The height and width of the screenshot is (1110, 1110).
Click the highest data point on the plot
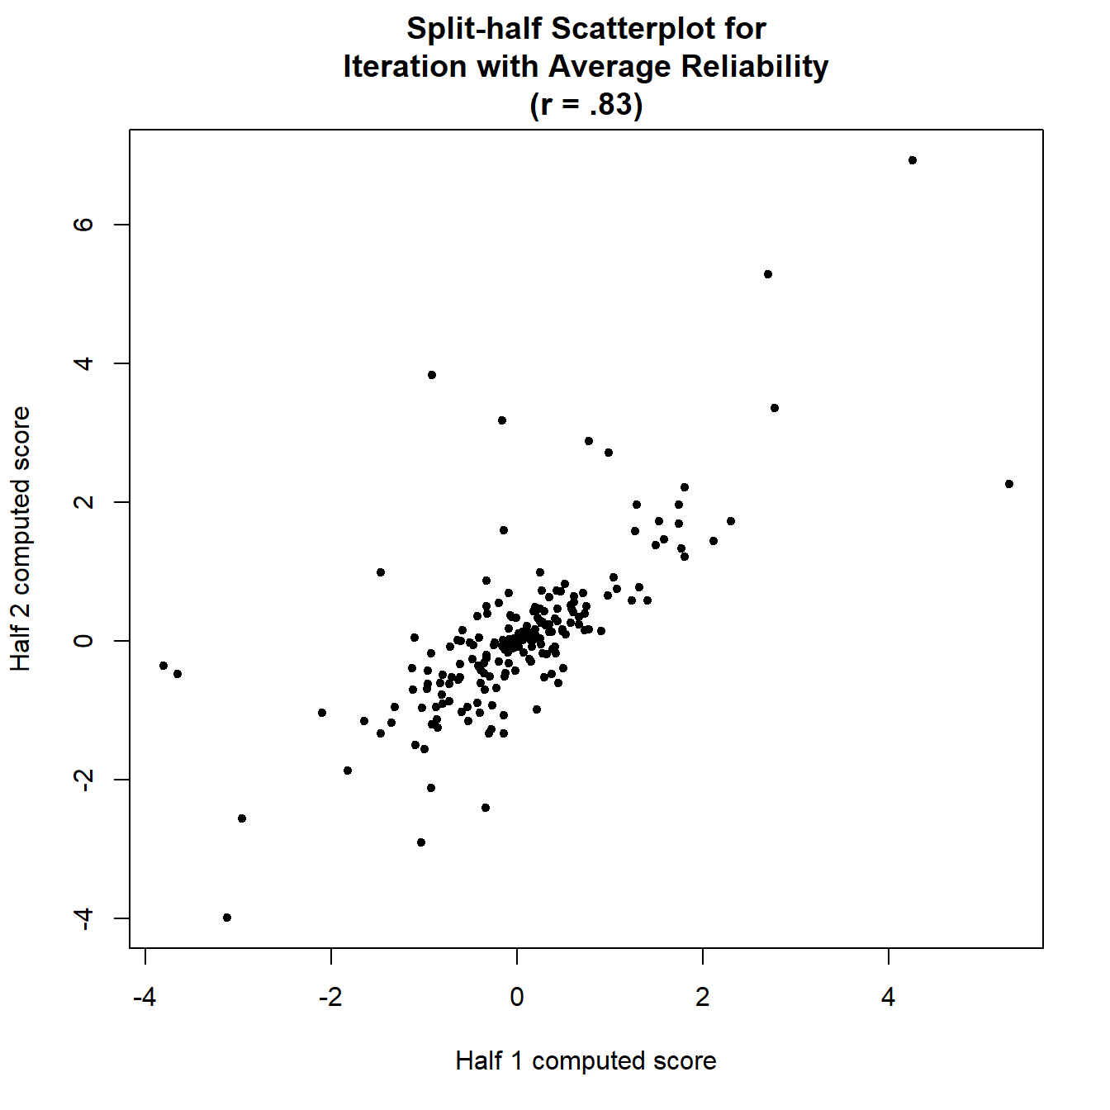(912, 160)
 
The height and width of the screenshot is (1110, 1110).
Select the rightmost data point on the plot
(1008, 484)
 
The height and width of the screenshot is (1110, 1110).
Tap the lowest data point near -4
(227, 918)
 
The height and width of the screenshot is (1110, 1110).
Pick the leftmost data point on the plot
(164, 666)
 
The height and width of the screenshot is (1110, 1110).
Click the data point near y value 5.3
(767, 274)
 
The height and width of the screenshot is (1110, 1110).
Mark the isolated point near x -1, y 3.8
(431, 375)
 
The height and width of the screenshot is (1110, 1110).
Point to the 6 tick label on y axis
(83, 225)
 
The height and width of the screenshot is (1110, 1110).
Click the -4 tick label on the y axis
(83, 918)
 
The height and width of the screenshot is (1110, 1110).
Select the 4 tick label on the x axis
(888, 998)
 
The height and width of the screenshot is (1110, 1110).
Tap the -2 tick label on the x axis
(330, 998)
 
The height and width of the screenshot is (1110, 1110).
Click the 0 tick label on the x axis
(517, 998)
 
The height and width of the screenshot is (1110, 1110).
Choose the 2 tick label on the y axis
(83, 502)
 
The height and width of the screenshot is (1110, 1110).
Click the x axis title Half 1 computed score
(586, 1060)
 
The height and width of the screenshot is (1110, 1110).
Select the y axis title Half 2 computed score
(20, 538)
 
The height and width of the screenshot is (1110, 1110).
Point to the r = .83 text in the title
(586, 105)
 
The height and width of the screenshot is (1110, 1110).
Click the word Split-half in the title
(474, 29)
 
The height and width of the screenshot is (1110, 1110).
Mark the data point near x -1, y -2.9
(421, 842)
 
